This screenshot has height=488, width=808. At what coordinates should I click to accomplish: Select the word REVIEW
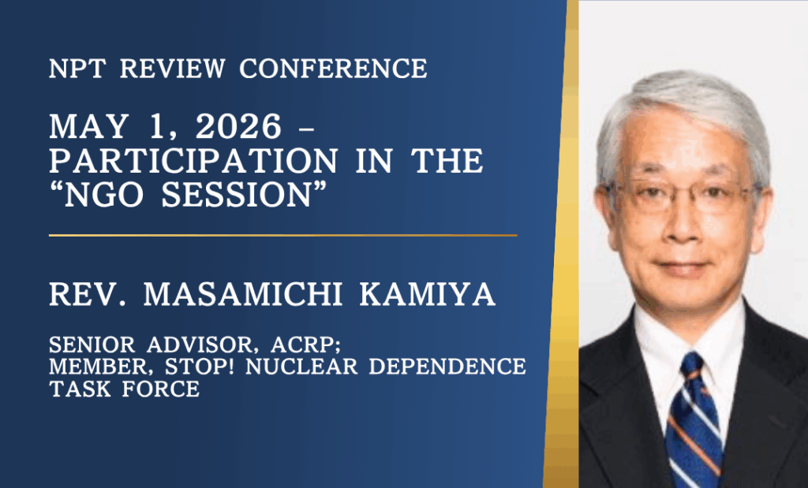(173, 69)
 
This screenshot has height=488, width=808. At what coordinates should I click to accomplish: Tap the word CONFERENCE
(334, 69)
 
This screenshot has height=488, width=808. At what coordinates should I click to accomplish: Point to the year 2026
(238, 127)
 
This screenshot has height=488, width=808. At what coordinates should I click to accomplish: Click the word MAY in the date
(88, 127)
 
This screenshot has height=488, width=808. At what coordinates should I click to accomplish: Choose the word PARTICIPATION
(193, 161)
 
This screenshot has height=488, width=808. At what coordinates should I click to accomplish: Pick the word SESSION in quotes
(237, 195)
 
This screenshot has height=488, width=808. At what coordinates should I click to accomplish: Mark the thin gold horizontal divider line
(283, 235)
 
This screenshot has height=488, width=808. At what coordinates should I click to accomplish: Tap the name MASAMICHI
(243, 294)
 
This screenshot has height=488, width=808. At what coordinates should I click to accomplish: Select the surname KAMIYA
(427, 294)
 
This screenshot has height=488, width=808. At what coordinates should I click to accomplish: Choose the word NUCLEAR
(301, 367)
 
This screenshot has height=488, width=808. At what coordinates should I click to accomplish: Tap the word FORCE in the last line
(161, 389)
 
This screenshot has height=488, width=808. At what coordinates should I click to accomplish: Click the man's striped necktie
(694, 419)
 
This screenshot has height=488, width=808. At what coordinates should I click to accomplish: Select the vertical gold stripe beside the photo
(562, 244)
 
